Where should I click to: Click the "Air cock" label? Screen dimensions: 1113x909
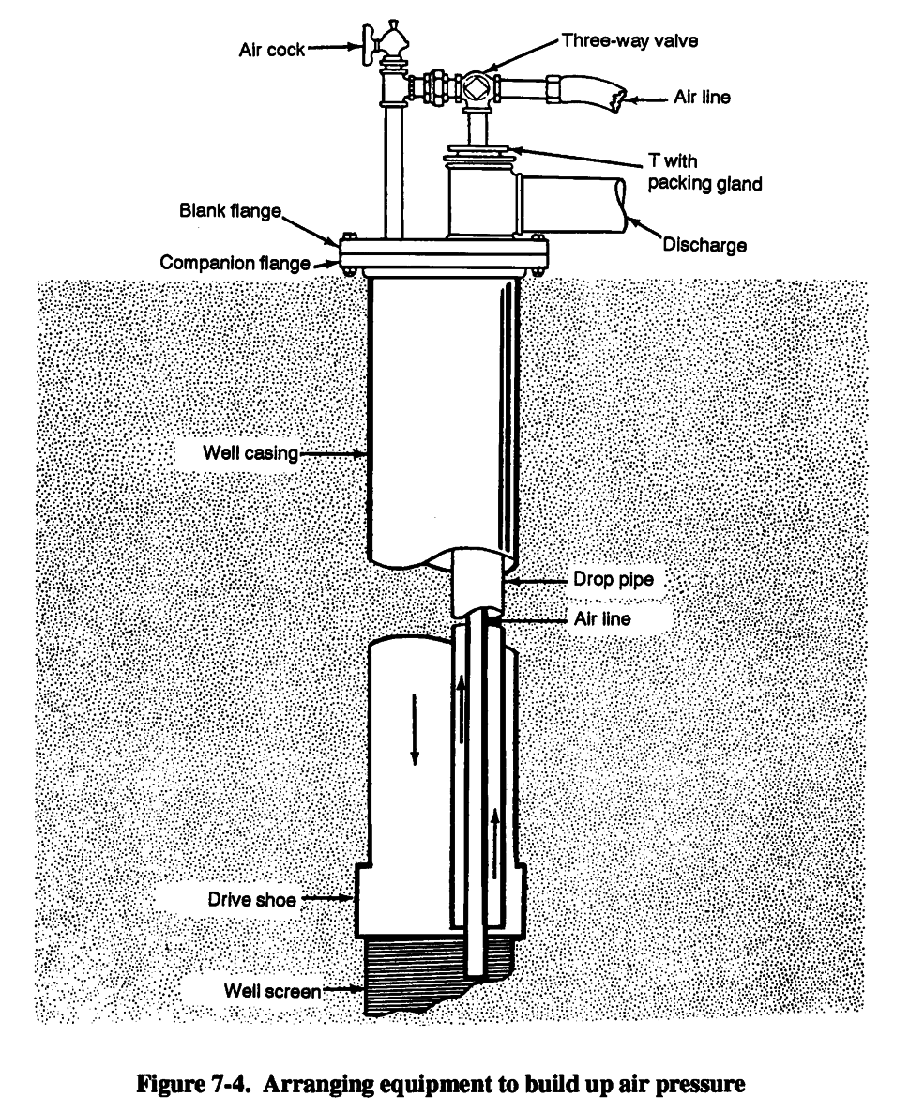[x=272, y=50]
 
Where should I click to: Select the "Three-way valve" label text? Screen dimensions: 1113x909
[x=629, y=40]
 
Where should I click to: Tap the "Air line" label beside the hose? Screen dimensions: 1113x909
[x=702, y=97]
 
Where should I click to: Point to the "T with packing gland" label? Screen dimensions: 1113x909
[x=704, y=173]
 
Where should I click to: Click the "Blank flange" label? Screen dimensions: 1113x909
[x=231, y=210]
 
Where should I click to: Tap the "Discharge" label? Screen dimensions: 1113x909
[x=704, y=246]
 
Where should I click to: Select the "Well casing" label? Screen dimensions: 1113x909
[x=250, y=454]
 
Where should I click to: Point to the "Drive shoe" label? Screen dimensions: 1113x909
[x=251, y=900]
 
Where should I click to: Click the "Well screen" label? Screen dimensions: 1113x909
[x=273, y=989]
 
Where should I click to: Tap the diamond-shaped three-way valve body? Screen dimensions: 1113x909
[x=474, y=88]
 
